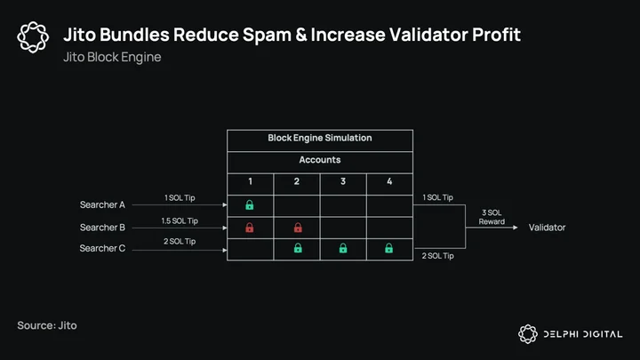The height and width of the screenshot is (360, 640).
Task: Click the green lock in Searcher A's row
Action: coord(250,205)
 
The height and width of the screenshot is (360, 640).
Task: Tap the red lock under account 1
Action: coord(250,228)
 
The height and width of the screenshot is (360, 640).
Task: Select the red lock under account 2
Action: coord(298,228)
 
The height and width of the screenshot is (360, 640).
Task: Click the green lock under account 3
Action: coord(343,248)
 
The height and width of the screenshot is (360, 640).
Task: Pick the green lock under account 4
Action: coord(389,248)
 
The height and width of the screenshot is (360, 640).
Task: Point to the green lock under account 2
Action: coord(298,248)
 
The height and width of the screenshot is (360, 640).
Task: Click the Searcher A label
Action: coord(102,204)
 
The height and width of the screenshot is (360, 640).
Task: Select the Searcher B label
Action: coord(102,228)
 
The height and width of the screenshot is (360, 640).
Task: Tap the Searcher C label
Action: coord(102,248)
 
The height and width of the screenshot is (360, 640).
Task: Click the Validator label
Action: coord(547,228)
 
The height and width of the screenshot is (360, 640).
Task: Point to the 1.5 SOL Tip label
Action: coord(180,220)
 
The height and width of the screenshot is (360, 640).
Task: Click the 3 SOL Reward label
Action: coord(492,217)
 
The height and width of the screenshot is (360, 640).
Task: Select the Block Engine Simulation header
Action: coord(320,138)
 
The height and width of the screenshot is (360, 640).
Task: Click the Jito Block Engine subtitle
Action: coord(112,57)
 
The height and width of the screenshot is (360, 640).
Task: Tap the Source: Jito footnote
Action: coord(47,325)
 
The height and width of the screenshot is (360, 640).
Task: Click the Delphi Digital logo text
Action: coord(583,334)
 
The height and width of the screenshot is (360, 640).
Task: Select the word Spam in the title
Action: coord(267,35)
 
